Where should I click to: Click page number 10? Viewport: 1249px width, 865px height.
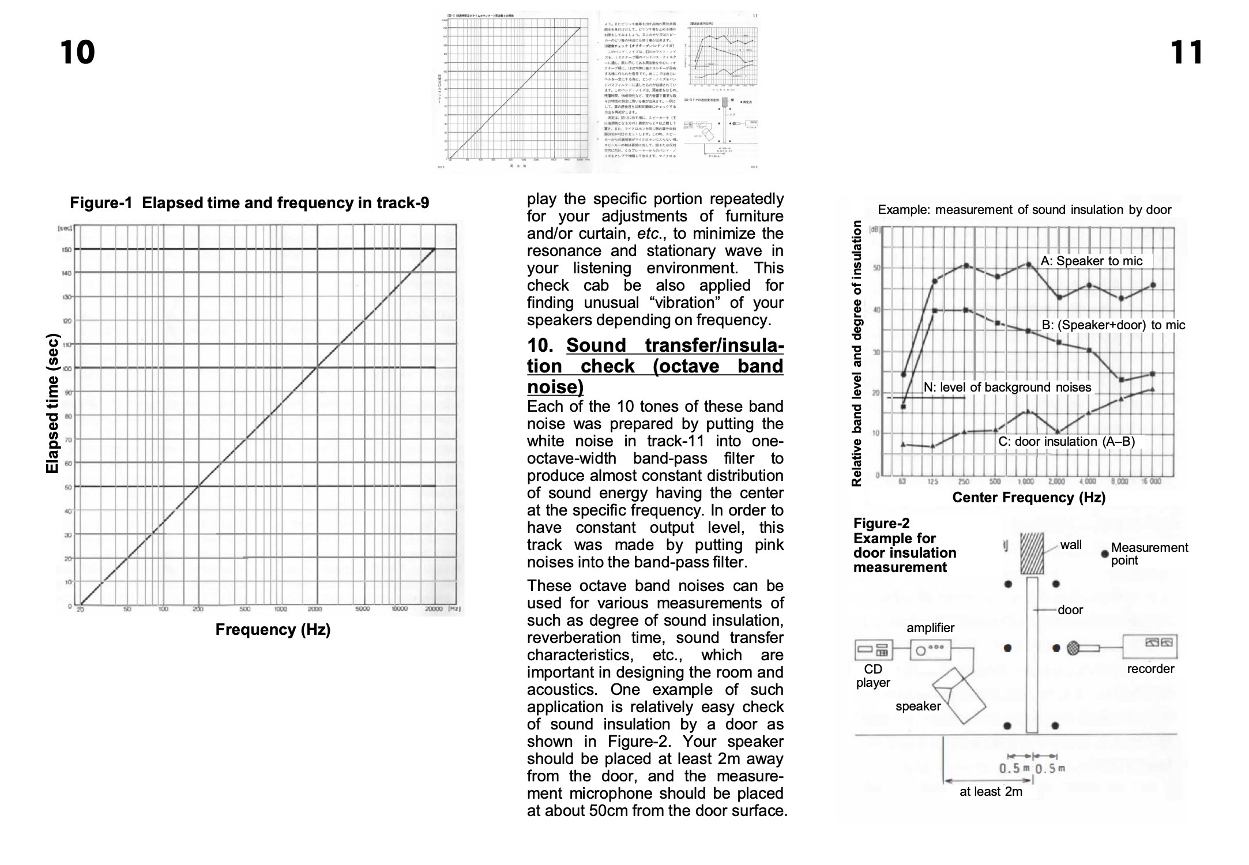77,52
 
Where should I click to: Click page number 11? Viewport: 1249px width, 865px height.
1187,52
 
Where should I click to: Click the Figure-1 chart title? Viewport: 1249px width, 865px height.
249,203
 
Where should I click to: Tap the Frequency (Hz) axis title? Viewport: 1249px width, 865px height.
273,630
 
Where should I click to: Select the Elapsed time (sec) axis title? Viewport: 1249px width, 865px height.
52,404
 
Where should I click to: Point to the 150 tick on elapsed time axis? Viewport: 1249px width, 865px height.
67,250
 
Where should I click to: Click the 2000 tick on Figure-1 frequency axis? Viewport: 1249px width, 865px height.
314,609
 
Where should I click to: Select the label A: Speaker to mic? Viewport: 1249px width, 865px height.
1091,261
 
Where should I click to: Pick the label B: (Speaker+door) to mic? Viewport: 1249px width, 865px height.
1113,325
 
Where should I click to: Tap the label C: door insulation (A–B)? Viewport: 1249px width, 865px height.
1066,442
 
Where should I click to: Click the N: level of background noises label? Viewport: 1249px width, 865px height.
1007,388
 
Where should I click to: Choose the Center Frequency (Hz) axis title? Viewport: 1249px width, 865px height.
1029,498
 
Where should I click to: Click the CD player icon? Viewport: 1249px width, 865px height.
873,650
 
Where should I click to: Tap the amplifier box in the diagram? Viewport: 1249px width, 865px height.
930,650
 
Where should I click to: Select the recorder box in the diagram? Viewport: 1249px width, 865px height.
1149,646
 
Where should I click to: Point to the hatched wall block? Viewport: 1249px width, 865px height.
1032,553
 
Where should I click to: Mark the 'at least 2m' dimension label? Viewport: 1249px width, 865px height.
990,792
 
